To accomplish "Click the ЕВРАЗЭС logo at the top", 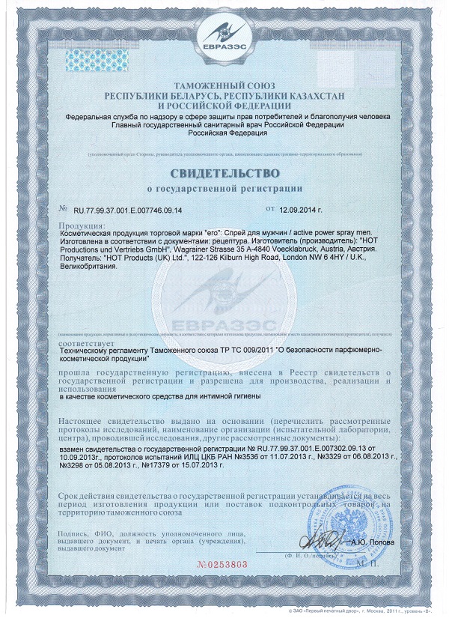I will click(224, 35).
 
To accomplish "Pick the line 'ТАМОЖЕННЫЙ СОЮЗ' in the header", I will click(224, 88).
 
